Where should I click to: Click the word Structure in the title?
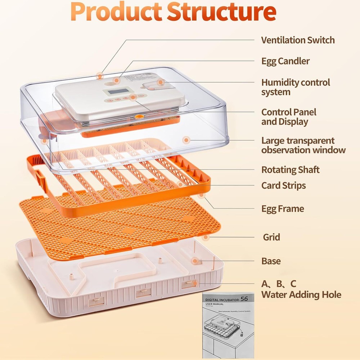click(x=222, y=12)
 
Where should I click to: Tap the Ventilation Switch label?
click(x=298, y=40)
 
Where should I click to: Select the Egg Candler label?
click(x=285, y=61)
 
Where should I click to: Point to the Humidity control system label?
click(x=295, y=87)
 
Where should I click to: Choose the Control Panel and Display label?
click(x=288, y=117)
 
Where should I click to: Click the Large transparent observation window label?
click(x=303, y=145)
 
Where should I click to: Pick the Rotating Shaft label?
click(x=290, y=170)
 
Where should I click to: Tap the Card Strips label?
click(x=283, y=186)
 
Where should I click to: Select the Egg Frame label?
click(x=282, y=209)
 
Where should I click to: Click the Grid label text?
click(x=271, y=237)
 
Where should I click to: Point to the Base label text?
click(x=271, y=261)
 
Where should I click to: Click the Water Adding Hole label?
click(x=301, y=295)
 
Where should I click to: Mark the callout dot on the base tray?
click(x=195, y=261)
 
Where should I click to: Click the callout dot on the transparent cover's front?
click(x=186, y=140)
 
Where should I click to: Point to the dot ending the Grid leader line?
click(x=206, y=237)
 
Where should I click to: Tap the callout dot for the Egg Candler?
click(x=116, y=80)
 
